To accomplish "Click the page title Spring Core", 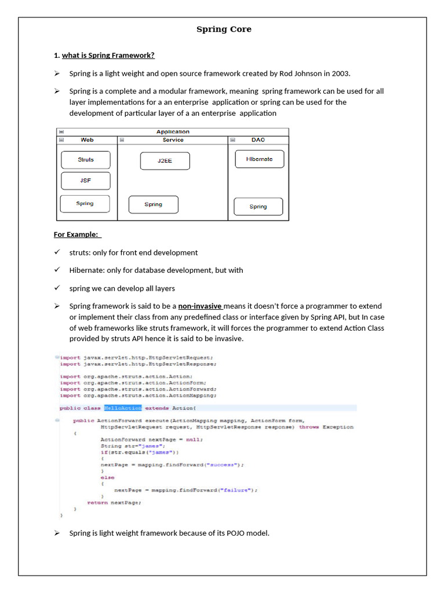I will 224,29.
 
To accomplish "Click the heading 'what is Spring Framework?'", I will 108,56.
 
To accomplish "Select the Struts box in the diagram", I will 86,160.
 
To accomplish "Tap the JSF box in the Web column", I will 86,181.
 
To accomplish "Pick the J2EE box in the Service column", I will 165,161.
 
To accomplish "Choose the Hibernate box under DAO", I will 259,159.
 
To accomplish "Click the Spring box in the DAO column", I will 258,207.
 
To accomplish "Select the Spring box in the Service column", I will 153,204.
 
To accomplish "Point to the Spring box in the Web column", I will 85,204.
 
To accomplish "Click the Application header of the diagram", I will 173,132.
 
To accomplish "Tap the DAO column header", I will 258,140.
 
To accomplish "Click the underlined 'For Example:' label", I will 76,235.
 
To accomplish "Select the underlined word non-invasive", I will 200,306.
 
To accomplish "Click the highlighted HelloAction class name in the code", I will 122,408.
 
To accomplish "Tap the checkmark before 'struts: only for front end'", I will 57,252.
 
